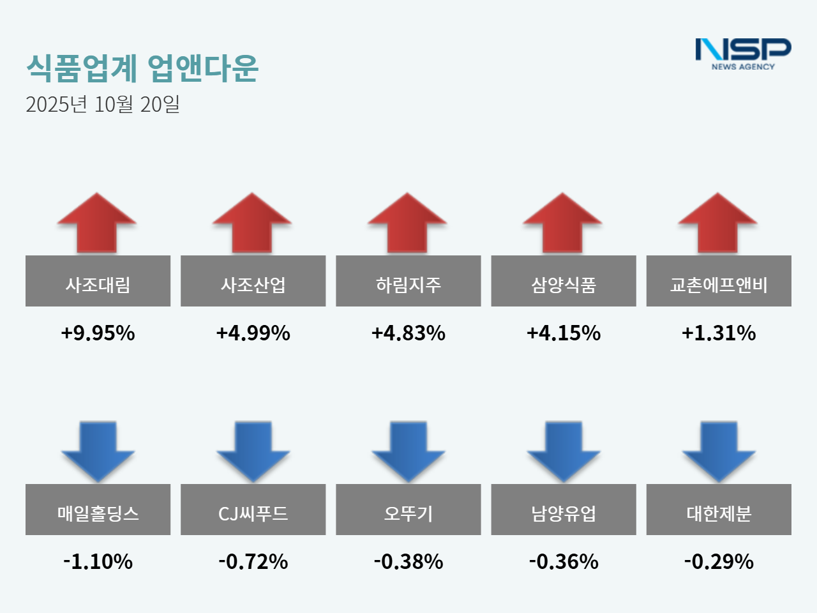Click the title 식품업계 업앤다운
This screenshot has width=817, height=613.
[x=142, y=68]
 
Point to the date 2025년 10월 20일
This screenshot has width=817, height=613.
[x=103, y=104]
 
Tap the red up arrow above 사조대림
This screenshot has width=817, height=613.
[x=97, y=223]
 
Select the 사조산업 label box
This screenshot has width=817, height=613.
[x=253, y=281]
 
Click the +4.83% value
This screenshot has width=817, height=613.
[x=408, y=333]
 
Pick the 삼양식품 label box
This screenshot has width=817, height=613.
[x=564, y=281]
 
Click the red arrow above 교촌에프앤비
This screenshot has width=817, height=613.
[x=718, y=223]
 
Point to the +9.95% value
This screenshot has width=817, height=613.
[x=98, y=333]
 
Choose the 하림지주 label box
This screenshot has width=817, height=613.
[x=408, y=281]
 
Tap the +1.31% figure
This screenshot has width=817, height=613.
[x=719, y=333]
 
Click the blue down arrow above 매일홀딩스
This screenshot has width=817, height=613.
[x=98, y=450]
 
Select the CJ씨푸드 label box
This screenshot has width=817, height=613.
[x=253, y=510]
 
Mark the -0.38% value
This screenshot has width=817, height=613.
[x=408, y=561]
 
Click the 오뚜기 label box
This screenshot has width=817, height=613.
[x=408, y=510]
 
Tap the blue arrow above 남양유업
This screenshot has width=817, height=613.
[x=564, y=450]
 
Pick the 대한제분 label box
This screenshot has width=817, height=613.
[x=719, y=510]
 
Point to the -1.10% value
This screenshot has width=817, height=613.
[x=98, y=561]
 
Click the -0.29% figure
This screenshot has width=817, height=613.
[x=719, y=561]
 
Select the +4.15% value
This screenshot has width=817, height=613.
[x=564, y=333]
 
